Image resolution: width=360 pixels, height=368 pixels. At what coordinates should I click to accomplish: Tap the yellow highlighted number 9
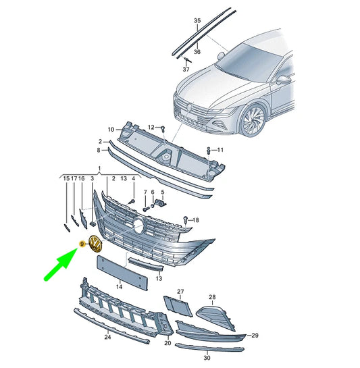pos(82,244)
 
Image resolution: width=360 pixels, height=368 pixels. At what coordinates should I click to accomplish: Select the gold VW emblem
pos(96,244)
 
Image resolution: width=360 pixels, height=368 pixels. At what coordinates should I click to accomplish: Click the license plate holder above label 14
pos(122,273)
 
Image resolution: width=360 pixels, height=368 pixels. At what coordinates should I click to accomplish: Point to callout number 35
pos(197,21)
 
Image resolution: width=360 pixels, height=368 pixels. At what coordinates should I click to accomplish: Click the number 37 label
pos(186,70)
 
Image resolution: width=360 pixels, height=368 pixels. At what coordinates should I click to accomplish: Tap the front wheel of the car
pos(253,121)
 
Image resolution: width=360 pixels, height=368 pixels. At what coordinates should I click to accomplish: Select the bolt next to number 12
pos(163,130)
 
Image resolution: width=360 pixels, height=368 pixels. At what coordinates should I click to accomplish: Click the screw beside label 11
pos(209,151)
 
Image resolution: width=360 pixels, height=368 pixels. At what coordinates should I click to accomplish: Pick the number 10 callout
pos(111,130)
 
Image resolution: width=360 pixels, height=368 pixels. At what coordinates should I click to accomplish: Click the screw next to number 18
pos(186,220)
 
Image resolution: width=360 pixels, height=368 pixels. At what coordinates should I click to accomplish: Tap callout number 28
pos(212,297)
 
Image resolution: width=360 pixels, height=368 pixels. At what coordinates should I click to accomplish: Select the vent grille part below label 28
pos(215,317)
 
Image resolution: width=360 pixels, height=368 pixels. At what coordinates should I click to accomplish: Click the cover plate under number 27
pos(178,306)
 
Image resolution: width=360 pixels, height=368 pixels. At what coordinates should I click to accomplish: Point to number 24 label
pos(107,337)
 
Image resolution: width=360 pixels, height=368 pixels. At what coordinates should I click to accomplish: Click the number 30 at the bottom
pos(207,358)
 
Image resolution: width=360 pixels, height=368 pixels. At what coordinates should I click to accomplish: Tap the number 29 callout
pos(255,336)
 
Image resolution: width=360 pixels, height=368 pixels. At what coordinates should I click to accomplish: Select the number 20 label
pos(168,343)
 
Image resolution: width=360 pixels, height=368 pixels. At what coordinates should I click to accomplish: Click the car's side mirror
pos(284,79)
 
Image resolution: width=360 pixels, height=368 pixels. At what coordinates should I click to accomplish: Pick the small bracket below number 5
pos(160,202)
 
